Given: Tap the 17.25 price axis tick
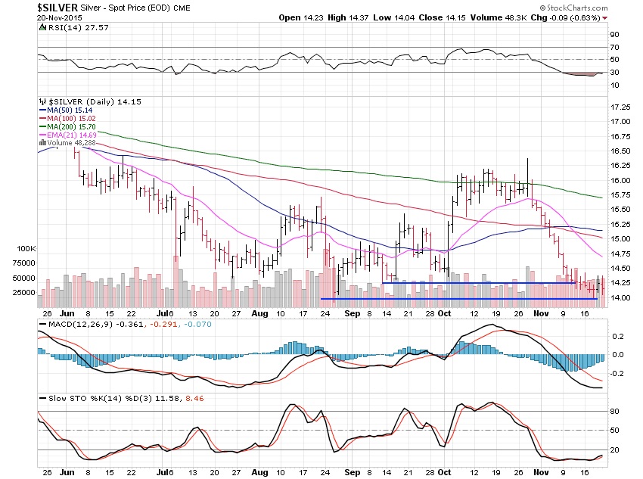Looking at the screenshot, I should [x=620, y=107].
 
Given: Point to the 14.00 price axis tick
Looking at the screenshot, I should [x=620, y=298].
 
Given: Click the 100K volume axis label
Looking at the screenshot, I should [x=26, y=248].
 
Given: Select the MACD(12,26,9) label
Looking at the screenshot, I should [x=67, y=324].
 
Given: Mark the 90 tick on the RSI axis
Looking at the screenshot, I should [x=614, y=35].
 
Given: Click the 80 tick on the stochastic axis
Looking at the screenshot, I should [x=614, y=412].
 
